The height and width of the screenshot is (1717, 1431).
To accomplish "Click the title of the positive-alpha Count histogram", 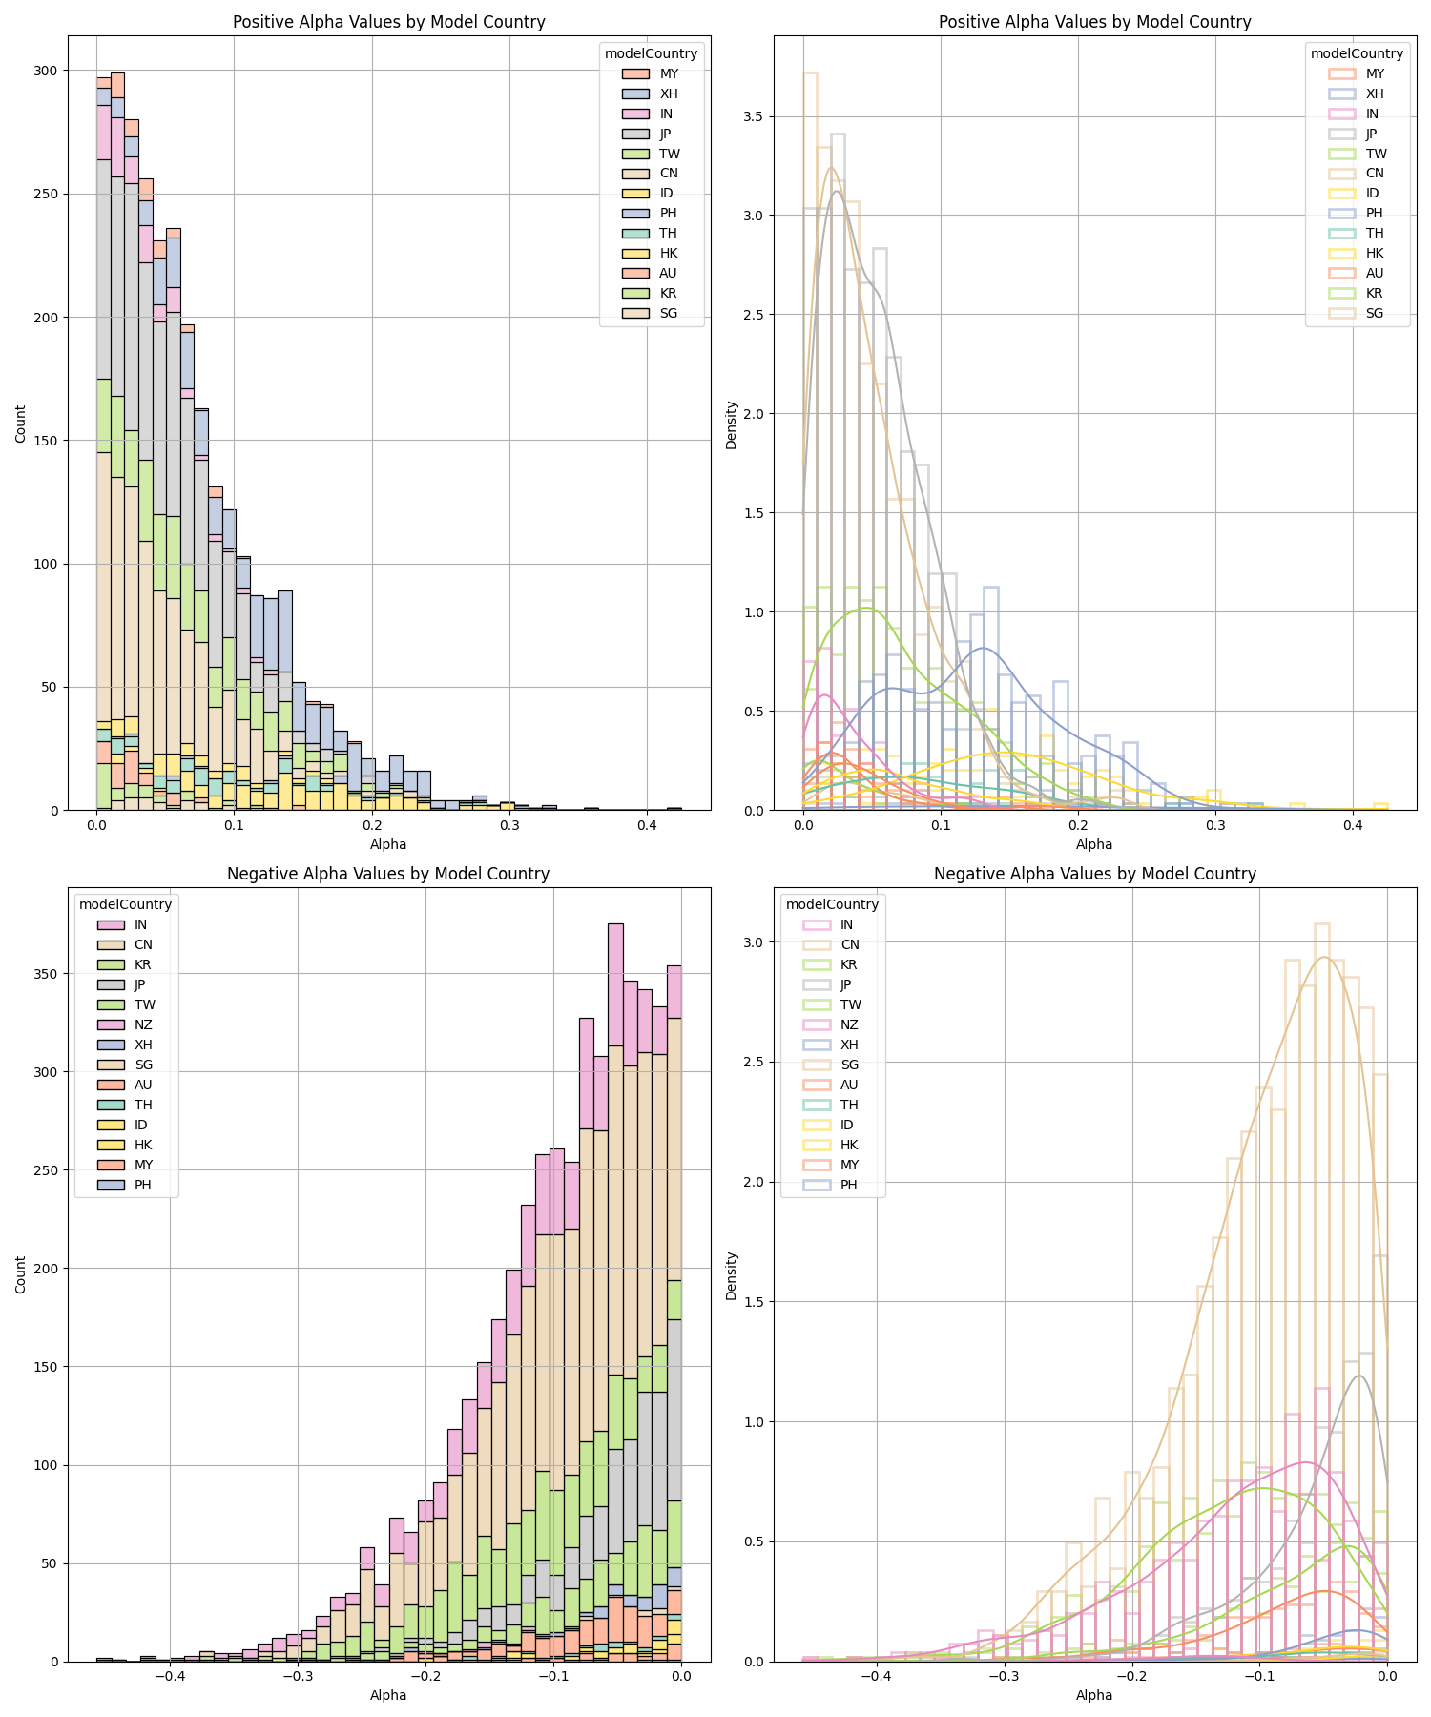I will point(388,22).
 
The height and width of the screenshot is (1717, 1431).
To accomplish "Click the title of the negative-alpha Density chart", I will point(1094,874).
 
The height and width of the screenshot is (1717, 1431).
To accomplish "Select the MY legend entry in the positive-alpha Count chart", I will point(669,73).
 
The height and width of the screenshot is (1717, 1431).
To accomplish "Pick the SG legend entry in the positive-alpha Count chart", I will point(669,313).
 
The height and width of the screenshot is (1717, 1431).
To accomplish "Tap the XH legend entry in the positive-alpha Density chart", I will point(1375,93).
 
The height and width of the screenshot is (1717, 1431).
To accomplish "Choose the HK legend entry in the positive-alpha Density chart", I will point(1375,253).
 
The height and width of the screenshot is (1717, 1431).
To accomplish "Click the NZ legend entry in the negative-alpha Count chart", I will point(143,1024).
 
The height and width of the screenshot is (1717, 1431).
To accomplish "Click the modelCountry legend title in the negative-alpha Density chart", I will point(832,904).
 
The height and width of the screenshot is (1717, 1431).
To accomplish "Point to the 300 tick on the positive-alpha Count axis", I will point(45,71).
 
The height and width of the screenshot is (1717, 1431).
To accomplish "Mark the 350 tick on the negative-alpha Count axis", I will point(45,974).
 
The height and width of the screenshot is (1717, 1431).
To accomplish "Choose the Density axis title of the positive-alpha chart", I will point(732,424).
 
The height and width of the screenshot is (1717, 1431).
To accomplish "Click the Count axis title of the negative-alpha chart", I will point(21,1274).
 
